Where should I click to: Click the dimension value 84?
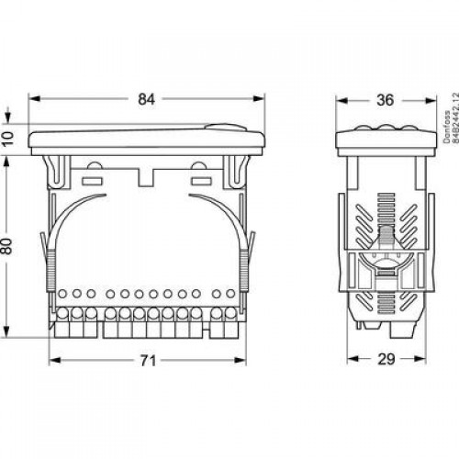coord(146,99)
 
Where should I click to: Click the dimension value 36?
coord(385,100)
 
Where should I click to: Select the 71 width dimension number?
coord(148,361)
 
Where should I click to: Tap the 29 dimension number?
coord(386,359)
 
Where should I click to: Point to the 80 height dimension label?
coord(6,246)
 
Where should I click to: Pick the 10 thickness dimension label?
coord(7,139)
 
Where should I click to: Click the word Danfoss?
coord(447,127)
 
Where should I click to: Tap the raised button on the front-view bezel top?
coord(225,127)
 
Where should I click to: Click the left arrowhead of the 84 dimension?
coord(34,99)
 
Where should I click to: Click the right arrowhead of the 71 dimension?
coord(240,361)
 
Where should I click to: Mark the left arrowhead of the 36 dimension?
coord(342,100)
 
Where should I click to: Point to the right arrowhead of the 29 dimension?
coord(420,359)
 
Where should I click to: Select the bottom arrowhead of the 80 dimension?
coord(6,331)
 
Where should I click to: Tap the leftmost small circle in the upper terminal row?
coord(62,294)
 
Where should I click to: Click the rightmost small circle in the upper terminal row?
coord(230,294)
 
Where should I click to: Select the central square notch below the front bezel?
coord(146,178)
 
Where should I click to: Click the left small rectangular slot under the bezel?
coord(92,181)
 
